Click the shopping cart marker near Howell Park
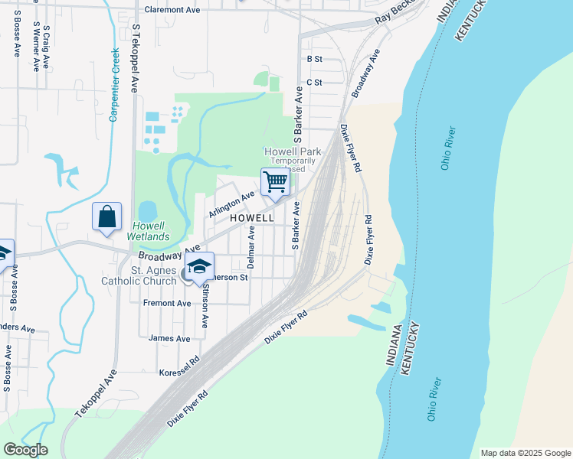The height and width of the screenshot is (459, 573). pos(275,182)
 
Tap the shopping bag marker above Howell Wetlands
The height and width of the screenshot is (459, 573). pos(107,216)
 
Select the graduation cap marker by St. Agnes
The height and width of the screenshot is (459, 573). pos(200,268)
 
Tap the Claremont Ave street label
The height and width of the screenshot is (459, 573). pos(172,10)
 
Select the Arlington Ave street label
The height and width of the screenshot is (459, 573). pos(231,204)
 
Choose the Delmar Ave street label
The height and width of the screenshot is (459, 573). pos(251,243)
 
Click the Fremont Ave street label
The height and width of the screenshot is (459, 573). pos(167,303)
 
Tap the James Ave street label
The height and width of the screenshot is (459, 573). pos(169,338)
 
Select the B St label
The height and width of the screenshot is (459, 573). pos(314,59)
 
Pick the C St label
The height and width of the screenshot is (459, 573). pos(314,82)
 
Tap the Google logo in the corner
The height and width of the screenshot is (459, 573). pos(25,450)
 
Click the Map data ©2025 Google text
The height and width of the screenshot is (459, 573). pos(526,453)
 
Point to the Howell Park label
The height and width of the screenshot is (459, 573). pos(292,151)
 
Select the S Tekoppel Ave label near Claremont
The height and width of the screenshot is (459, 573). pos(135,57)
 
